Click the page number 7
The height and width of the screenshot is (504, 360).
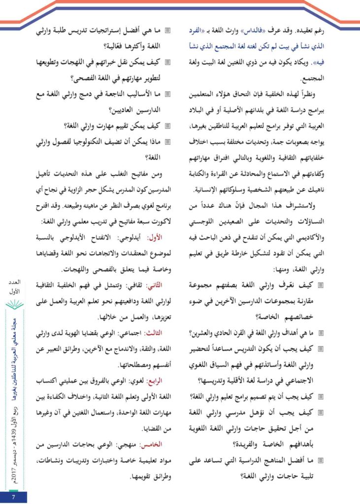(14, 497)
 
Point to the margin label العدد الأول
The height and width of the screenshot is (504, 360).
(15, 288)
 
